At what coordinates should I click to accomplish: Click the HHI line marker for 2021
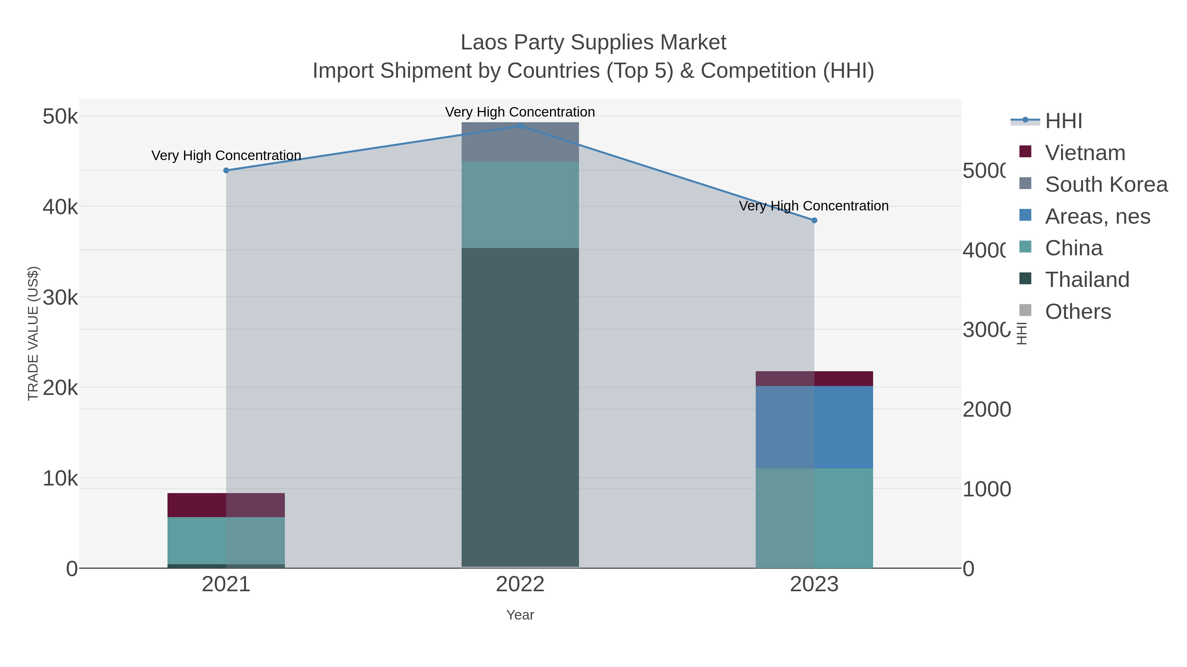(226, 170)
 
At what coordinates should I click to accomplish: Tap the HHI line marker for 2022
(520, 126)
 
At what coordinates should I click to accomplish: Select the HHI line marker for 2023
(814, 220)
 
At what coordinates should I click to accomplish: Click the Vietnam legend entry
(1085, 153)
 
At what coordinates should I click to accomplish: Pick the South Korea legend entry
(1106, 184)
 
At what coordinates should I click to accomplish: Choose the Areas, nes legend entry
(1097, 216)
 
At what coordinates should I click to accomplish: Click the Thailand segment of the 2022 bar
(520, 407)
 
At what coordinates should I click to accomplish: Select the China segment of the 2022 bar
(520, 205)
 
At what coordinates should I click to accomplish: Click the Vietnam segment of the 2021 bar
(226, 505)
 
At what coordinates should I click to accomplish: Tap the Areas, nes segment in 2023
(814, 427)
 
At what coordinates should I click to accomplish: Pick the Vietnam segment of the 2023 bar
(814, 379)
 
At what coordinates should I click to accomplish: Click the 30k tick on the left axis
(60, 298)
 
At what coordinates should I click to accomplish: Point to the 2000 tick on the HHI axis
(987, 409)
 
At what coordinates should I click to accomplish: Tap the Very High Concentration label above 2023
(814, 206)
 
